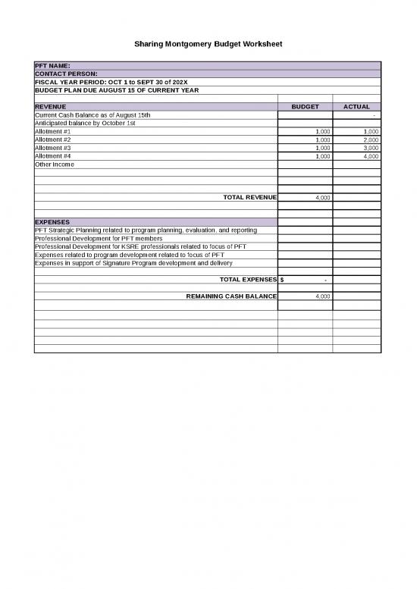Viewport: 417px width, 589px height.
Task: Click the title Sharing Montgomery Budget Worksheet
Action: coord(208,45)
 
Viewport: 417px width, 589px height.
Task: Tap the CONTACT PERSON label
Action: coord(66,74)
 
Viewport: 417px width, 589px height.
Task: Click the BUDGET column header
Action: coord(305,107)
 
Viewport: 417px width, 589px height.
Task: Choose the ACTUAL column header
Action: coord(356,107)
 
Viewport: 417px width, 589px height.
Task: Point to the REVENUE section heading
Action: coord(51,107)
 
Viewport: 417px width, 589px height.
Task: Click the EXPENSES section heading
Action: coord(52,222)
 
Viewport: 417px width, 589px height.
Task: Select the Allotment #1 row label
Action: coord(53,131)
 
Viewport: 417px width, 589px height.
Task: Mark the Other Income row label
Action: coord(55,164)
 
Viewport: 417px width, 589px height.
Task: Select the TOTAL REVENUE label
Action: coord(249,197)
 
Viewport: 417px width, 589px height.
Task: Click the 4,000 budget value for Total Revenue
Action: coord(322,197)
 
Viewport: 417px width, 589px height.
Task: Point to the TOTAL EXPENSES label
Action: coord(248,280)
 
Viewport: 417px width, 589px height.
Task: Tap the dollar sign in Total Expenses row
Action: coord(282,280)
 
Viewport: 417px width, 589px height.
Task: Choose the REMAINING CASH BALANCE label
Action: coord(231,296)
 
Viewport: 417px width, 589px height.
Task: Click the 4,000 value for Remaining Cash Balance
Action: coord(322,296)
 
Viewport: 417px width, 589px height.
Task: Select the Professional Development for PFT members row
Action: coord(99,238)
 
